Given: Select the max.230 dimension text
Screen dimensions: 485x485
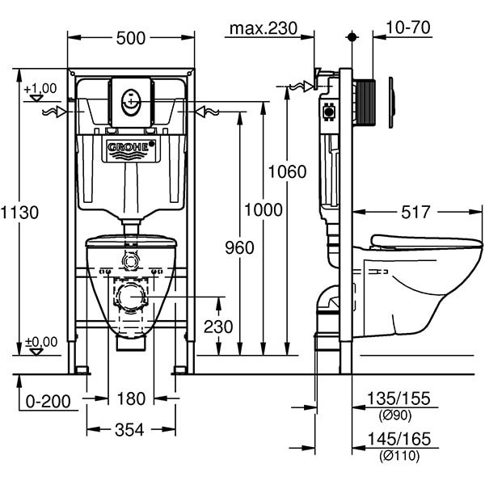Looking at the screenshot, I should [263, 29].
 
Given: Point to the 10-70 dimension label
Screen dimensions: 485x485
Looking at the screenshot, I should [408, 28].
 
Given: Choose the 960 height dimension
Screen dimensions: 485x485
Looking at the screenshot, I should [239, 247].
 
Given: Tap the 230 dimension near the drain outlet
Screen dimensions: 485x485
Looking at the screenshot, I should [217, 327].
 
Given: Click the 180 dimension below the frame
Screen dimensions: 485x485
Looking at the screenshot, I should [130, 399].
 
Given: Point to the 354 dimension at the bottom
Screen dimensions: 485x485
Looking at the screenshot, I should [130, 430].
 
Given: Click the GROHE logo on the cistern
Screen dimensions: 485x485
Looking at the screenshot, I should [129, 147].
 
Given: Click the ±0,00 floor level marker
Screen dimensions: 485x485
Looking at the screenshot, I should [40, 343].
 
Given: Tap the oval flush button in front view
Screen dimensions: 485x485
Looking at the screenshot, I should [130, 100].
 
